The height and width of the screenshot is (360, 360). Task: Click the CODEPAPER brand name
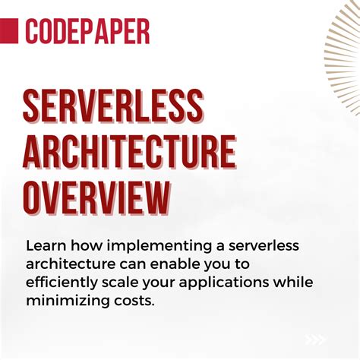point(87,31)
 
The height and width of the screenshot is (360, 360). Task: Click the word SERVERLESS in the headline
point(113,108)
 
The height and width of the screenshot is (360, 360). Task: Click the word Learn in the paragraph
point(45,247)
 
